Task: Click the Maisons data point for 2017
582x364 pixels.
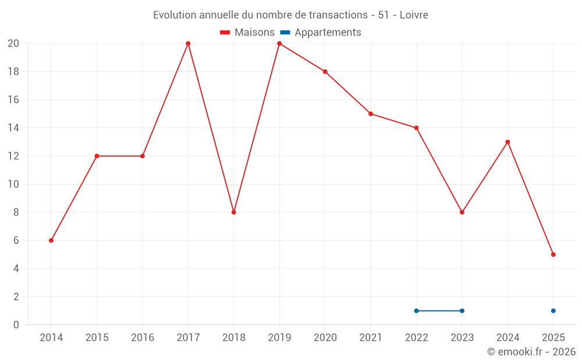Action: coord(188,44)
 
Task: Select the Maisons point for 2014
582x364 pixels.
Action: coord(51,241)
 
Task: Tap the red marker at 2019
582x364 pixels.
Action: coord(279,44)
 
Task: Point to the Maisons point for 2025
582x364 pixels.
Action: coord(553,255)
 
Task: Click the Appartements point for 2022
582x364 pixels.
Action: coord(416,310)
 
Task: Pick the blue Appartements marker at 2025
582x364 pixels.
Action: coord(553,310)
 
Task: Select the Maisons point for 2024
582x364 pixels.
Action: coord(508,142)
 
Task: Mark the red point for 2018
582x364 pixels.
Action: coord(233,212)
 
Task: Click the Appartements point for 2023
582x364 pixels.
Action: coord(462,310)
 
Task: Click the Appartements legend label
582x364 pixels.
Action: coord(328,33)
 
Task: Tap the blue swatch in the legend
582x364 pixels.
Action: coord(285,33)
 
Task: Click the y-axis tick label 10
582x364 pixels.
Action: coord(13,184)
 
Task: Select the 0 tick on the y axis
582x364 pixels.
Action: coord(16,324)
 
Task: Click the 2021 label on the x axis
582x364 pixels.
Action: coord(371,338)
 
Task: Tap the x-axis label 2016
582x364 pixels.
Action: coord(143,338)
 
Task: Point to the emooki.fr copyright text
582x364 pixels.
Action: coord(531,352)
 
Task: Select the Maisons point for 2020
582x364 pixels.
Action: coord(325,72)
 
